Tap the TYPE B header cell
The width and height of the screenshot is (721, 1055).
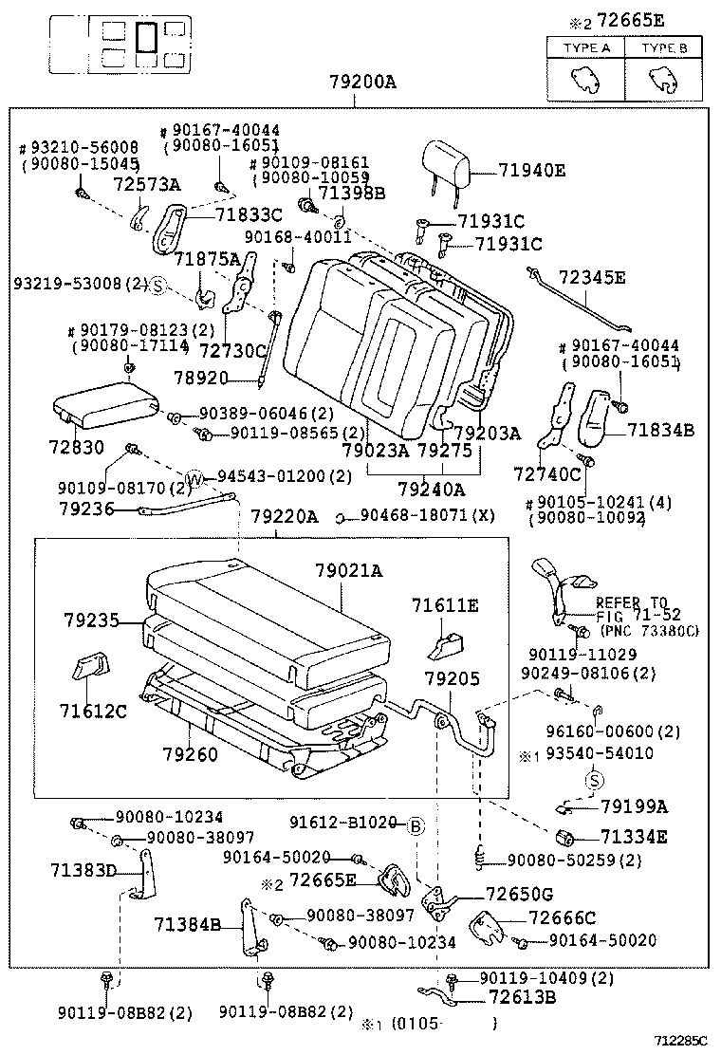click(663, 47)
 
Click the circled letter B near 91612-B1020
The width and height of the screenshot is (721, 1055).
click(415, 825)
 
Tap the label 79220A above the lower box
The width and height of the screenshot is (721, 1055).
click(285, 517)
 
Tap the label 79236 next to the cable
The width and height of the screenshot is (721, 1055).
click(86, 509)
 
